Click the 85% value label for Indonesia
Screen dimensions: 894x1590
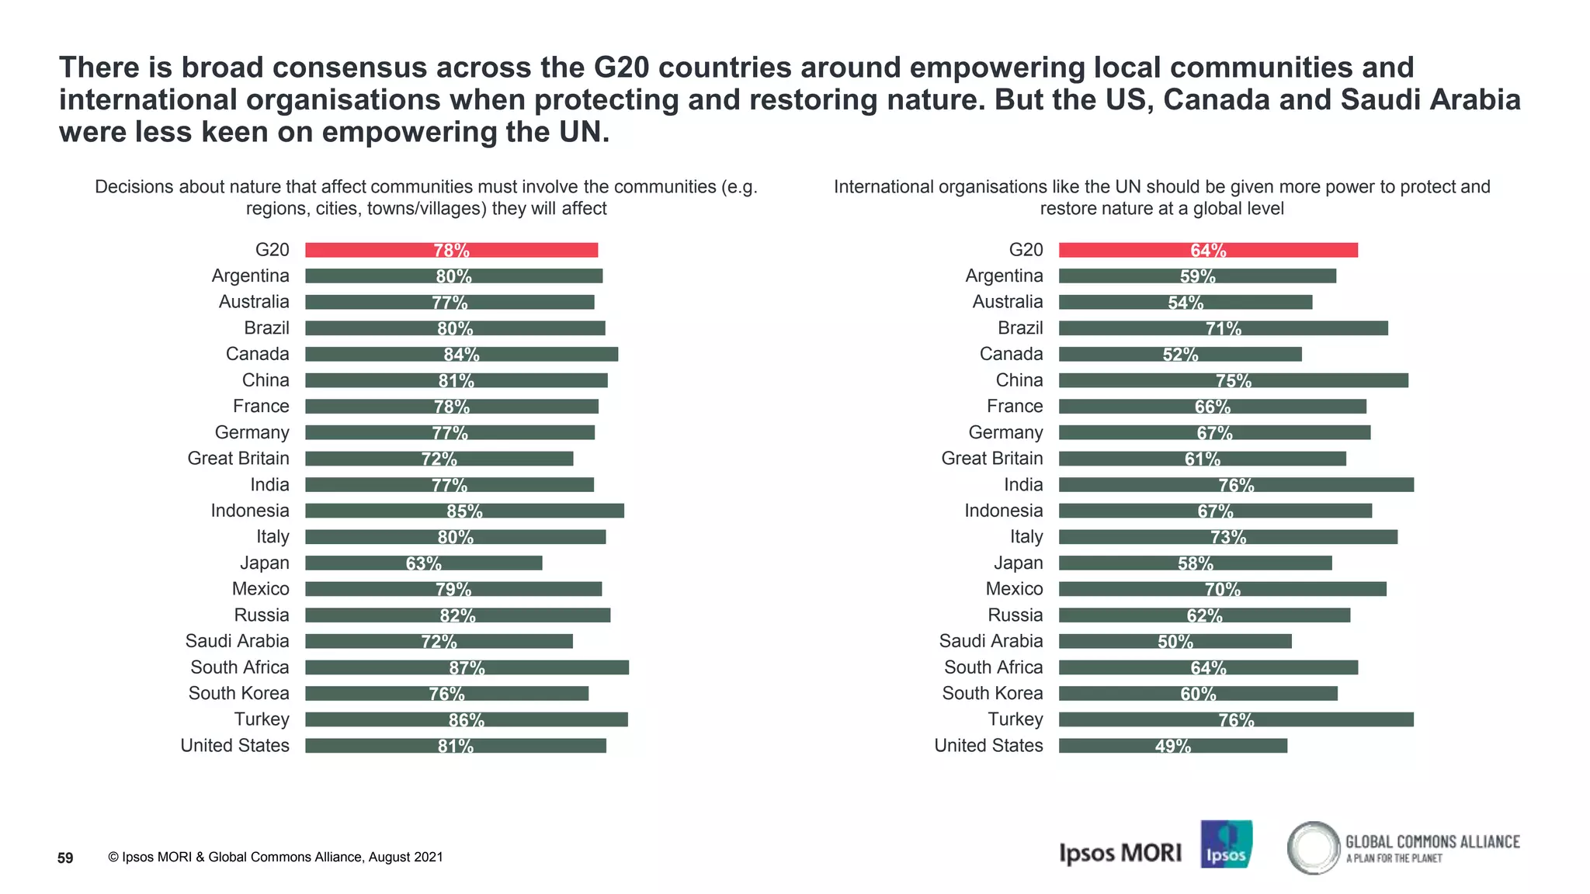pyautogui.click(x=464, y=511)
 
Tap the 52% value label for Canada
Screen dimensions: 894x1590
pyautogui.click(x=1180, y=355)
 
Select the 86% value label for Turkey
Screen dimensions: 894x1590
pyautogui.click(x=467, y=720)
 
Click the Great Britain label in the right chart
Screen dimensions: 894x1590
pyautogui.click(x=991, y=459)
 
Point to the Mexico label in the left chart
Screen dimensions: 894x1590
pyautogui.click(x=260, y=589)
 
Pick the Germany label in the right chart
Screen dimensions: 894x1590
pyautogui.click(x=1005, y=432)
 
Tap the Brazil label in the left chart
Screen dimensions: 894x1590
pyautogui.click(x=266, y=328)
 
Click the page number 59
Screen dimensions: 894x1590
pyautogui.click(x=65, y=858)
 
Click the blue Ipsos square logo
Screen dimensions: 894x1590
pyautogui.click(x=1226, y=844)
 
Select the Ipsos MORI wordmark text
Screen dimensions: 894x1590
pyautogui.click(x=1120, y=853)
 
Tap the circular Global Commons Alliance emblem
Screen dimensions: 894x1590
pyautogui.click(x=1314, y=847)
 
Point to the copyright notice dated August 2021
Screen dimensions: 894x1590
pyautogui.click(x=276, y=857)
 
